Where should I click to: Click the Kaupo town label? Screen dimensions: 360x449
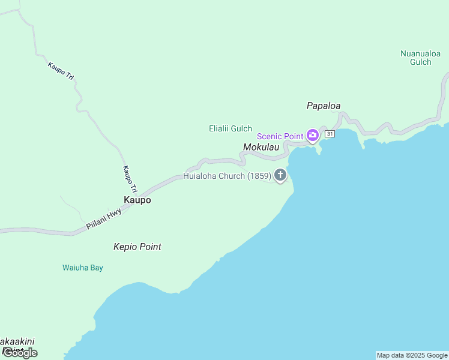(137, 200)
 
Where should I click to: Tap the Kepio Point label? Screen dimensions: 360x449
(137, 247)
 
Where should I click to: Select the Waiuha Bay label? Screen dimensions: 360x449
(83, 268)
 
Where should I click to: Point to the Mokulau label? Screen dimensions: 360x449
(261, 147)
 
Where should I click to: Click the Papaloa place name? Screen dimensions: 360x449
(324, 106)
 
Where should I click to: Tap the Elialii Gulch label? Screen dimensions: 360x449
(230, 128)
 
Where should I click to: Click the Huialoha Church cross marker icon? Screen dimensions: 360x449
(280, 175)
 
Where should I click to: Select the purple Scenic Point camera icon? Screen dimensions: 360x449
(312, 135)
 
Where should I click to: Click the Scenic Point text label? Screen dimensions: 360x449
(280, 136)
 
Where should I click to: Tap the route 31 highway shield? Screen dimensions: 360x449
(330, 133)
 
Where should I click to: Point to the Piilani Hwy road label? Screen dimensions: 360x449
(103, 217)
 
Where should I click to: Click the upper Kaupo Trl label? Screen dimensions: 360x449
(61, 70)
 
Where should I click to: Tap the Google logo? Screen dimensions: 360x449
(20, 353)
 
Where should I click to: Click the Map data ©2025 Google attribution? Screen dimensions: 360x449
(412, 356)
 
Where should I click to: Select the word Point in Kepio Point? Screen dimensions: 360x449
(149, 247)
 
